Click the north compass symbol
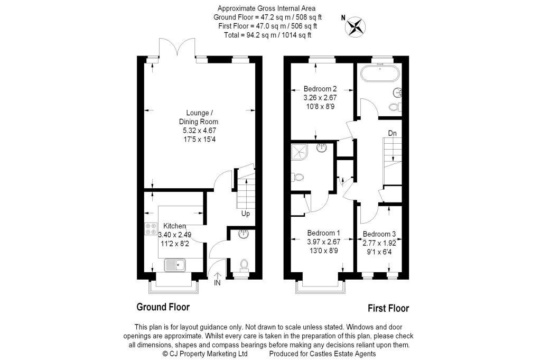(x=356, y=26)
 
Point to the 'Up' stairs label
(x=246, y=214)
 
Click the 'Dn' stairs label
(x=392, y=133)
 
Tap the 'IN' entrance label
(x=218, y=283)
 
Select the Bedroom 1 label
(x=323, y=233)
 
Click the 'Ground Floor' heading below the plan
(x=163, y=307)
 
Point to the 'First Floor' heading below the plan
(x=388, y=308)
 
